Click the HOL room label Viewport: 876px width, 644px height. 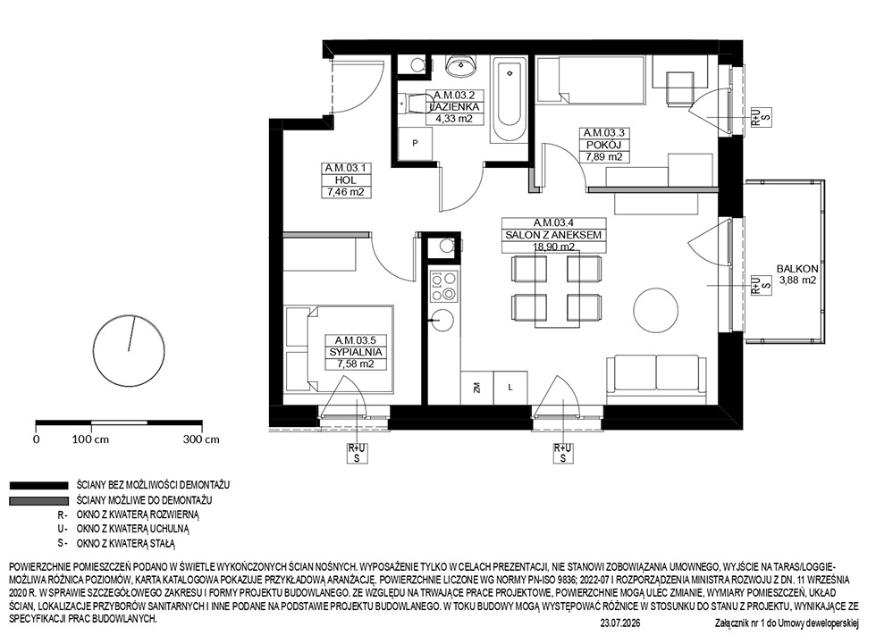pos(345,180)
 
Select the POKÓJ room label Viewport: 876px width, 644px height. pos(603,145)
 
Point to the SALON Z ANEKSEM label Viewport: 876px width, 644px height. pos(553,235)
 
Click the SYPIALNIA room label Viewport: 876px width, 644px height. pos(356,352)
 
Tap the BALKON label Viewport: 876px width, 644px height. pos(797,269)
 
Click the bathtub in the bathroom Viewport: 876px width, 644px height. pos(509,99)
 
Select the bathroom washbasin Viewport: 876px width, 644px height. pos(461,66)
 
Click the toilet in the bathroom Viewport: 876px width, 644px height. pos(415,104)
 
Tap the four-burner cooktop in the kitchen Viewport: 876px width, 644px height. pos(443,287)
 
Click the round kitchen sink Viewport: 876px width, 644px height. pos(443,320)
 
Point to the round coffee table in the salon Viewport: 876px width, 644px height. pos(656,310)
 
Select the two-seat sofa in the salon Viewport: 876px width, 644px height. pos(656,379)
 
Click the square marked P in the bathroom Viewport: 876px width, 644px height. pos(415,144)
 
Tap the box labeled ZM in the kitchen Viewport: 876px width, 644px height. pos(476,388)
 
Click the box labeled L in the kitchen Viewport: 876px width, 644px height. pos(510,388)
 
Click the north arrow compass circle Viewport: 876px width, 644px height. pos(129,350)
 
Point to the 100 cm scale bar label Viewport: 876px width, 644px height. pos(90,439)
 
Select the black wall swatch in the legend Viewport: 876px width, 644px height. pos(38,486)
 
